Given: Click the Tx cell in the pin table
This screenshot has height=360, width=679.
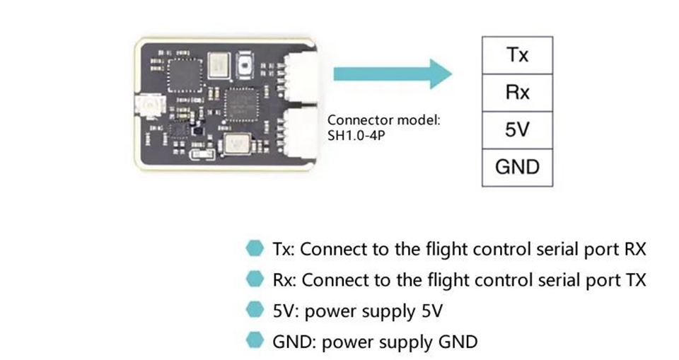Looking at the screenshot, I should (x=517, y=55).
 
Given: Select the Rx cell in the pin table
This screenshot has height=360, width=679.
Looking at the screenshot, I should (x=517, y=93).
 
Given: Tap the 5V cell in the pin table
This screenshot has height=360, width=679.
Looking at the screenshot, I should (x=517, y=130).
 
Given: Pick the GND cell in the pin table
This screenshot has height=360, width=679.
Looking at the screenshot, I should (x=517, y=168).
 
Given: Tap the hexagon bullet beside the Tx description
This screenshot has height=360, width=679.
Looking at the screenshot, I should (x=253, y=249).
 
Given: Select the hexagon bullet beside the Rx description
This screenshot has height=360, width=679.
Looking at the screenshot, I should (x=253, y=279).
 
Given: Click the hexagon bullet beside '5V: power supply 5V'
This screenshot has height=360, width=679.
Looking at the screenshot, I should (x=253, y=310).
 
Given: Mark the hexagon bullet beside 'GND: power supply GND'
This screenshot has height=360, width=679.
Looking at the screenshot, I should (x=253, y=342).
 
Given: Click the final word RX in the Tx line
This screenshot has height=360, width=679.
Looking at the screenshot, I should (x=634, y=249).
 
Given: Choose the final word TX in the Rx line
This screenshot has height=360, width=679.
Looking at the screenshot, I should (x=634, y=280).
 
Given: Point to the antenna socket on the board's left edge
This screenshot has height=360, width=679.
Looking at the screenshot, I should (x=151, y=108).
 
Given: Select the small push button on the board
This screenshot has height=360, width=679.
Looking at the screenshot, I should (x=248, y=64).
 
